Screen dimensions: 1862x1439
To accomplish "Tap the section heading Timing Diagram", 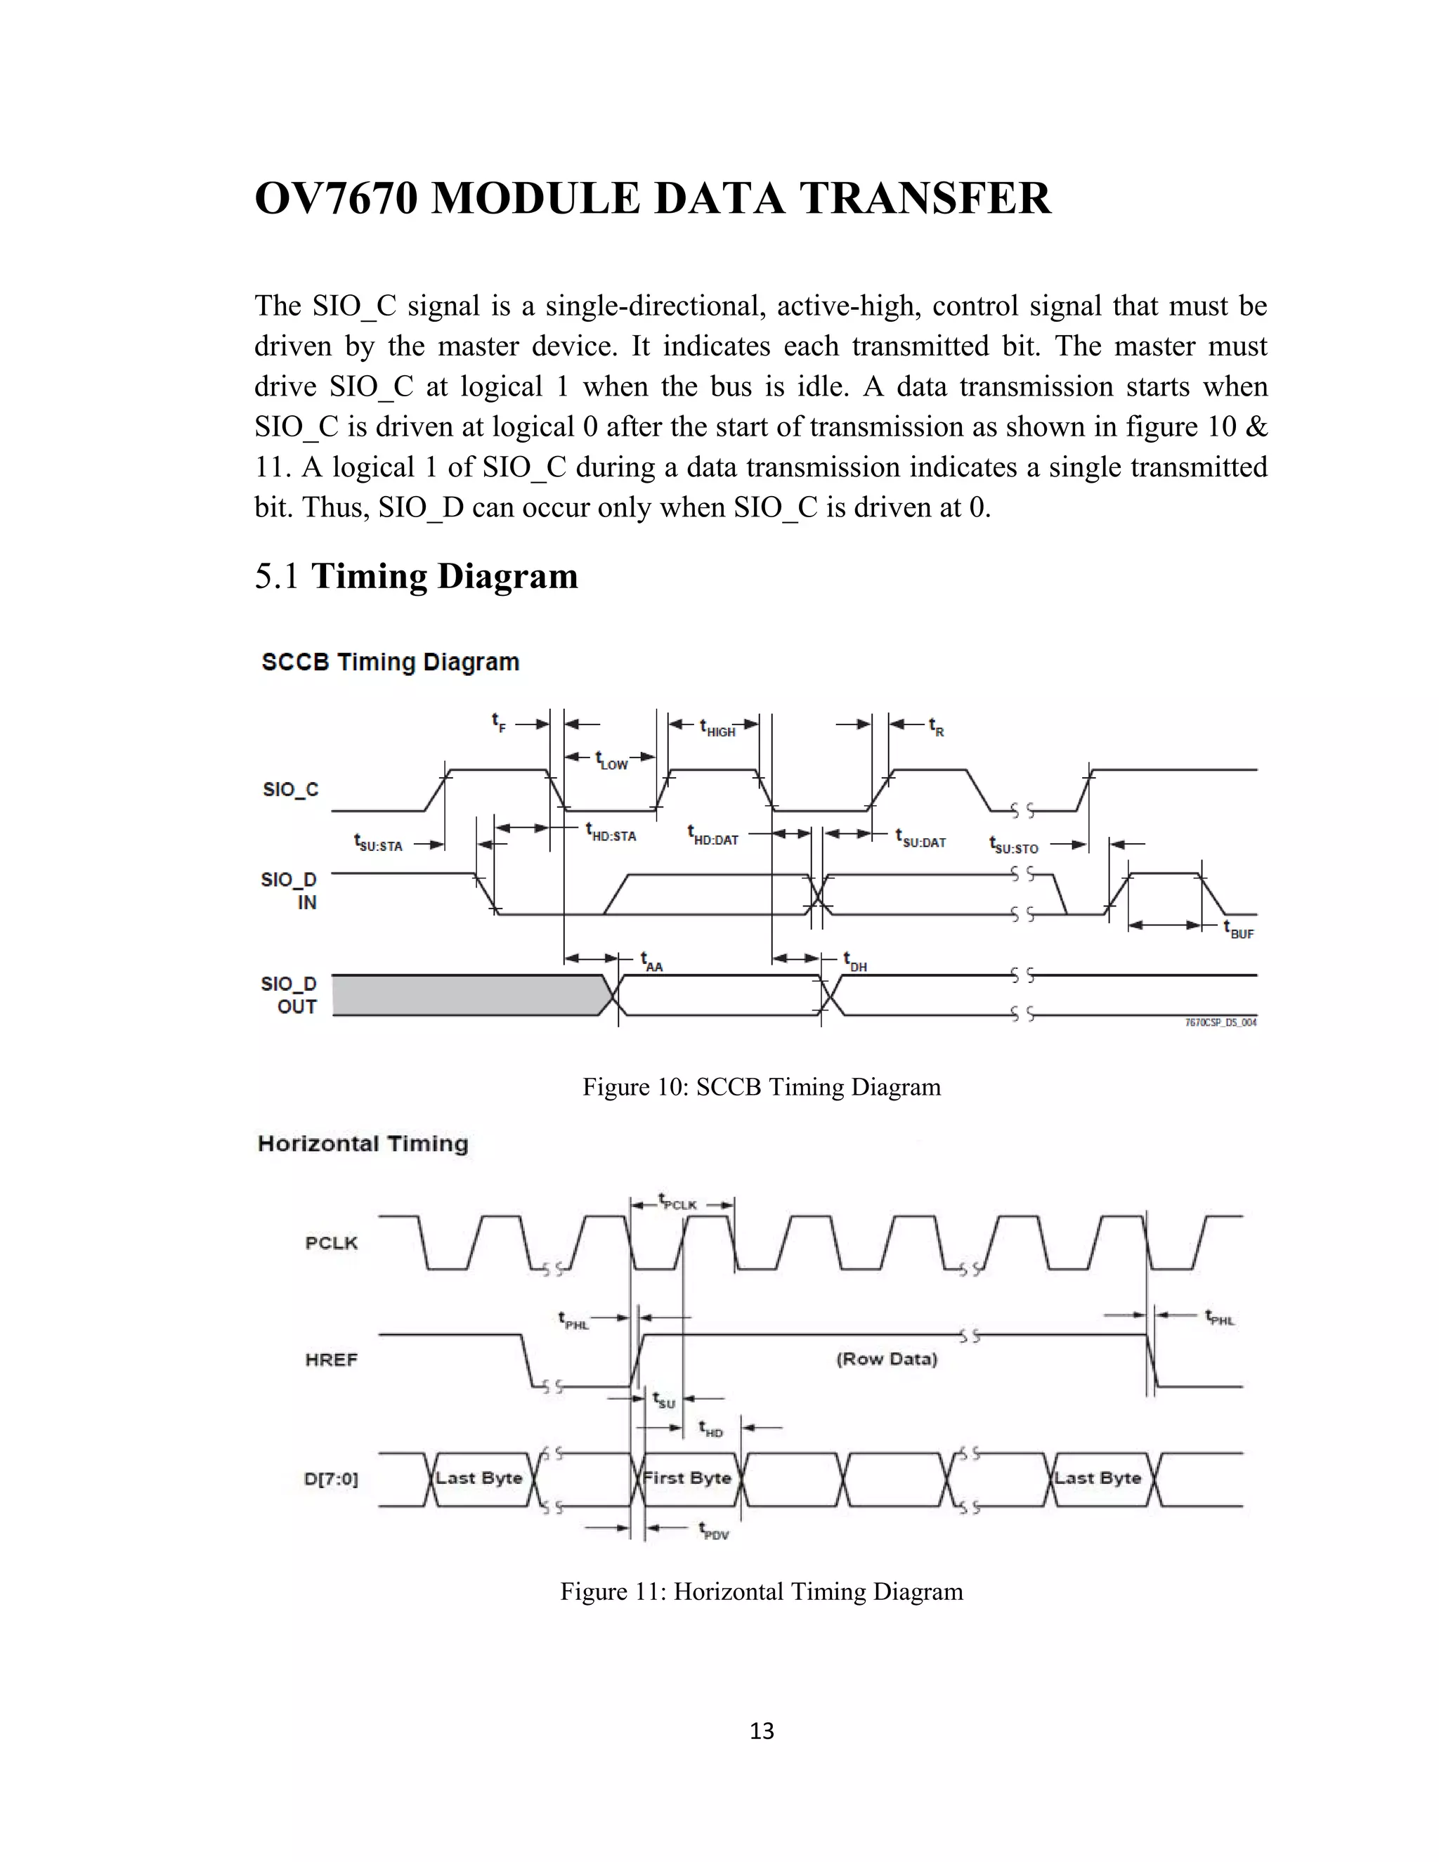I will click(444, 576).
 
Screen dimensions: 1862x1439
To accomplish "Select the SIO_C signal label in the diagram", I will click(290, 790).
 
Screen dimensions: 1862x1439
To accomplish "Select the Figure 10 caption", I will click(761, 1087).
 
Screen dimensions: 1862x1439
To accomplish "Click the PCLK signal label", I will click(332, 1243).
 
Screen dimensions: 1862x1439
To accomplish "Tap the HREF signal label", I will click(331, 1359).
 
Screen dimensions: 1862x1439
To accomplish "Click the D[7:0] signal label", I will click(331, 1478).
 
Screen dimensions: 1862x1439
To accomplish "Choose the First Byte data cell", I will click(687, 1478).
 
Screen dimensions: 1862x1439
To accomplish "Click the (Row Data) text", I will click(887, 1359).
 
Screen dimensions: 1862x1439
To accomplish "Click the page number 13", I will click(761, 1731).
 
